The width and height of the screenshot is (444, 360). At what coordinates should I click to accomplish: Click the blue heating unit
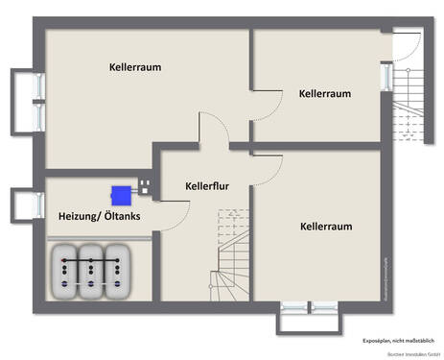pyautogui.click(x=122, y=194)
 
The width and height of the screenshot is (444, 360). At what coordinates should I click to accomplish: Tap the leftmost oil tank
pyautogui.click(x=66, y=271)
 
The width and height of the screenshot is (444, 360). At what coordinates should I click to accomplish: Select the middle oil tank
pyautogui.click(x=92, y=271)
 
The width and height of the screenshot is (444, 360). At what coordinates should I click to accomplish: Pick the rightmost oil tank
pyautogui.click(x=117, y=271)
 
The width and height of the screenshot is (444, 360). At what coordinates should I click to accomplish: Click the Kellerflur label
pyautogui.click(x=199, y=185)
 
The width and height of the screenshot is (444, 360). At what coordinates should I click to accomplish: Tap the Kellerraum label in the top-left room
pyautogui.click(x=134, y=67)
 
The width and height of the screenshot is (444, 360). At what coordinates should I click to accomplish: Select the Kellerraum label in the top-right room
pyautogui.click(x=324, y=94)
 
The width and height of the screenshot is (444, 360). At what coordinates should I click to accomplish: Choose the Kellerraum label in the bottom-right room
pyautogui.click(x=326, y=227)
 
